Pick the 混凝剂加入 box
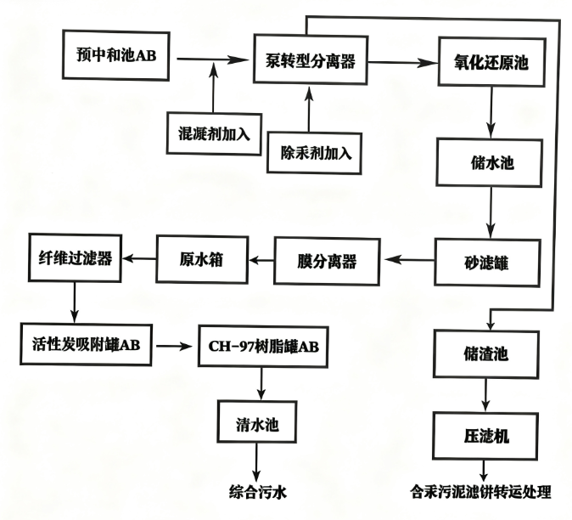point(214,132)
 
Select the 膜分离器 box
point(327,262)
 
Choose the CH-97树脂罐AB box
point(261,347)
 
